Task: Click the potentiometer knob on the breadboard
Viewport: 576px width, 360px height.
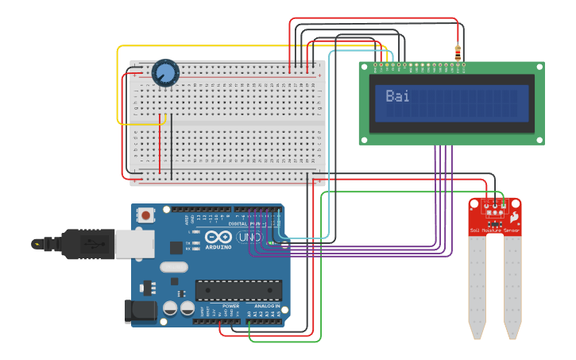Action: click(165, 74)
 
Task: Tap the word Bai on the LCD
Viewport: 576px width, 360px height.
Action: click(397, 96)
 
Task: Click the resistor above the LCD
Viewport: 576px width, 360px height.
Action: click(458, 52)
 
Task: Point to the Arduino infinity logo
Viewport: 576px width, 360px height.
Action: click(218, 237)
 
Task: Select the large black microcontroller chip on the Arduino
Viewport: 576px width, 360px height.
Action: click(238, 292)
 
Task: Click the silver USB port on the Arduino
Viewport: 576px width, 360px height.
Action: click(134, 244)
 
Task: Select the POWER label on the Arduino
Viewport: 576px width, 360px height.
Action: click(230, 306)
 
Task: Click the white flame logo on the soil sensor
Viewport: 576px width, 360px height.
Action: click(515, 216)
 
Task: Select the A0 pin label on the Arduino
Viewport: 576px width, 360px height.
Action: click(249, 314)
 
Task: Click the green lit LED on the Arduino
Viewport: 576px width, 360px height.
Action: click(271, 243)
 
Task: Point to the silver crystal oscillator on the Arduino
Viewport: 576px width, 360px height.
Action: click(175, 268)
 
